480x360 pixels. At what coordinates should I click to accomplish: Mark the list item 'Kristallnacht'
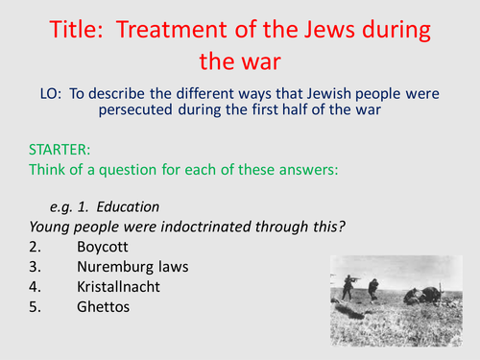(119, 287)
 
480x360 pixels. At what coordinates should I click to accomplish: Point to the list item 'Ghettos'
(103, 307)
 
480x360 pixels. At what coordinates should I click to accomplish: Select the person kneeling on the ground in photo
(411, 296)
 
